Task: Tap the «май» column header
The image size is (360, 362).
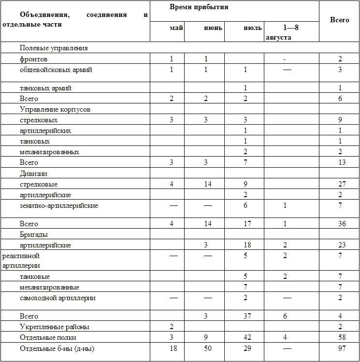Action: pos(176,28)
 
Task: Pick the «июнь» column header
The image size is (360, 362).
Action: pos(213,28)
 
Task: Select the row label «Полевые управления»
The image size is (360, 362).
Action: pos(54,48)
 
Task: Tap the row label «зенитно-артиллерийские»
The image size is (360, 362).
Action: pos(59,206)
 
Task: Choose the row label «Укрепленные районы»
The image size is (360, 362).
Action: pos(54,327)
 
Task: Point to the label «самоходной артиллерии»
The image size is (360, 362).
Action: pos(58,298)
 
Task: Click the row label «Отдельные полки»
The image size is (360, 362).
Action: pos(48,337)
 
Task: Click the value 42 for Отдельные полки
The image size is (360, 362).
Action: pos(245,337)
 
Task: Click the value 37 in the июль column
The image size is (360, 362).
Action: pos(245,316)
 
